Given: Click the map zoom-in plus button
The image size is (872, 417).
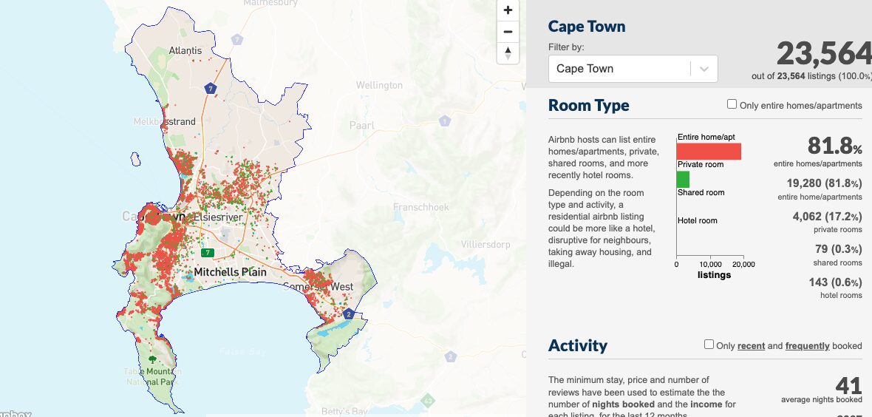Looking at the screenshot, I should [508, 10].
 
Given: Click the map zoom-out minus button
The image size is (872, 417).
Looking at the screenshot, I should [508, 32].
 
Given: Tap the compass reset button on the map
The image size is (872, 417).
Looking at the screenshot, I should [508, 53].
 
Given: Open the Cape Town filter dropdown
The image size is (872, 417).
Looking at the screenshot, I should [633, 69].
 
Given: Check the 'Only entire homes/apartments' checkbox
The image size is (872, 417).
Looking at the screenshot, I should [732, 104].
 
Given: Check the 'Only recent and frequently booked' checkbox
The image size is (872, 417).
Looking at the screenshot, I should [709, 345].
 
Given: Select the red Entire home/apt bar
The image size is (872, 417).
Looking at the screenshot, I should [709, 151].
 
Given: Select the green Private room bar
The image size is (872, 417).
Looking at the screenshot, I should [684, 179].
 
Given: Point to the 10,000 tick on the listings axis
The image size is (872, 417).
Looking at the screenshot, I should [710, 265].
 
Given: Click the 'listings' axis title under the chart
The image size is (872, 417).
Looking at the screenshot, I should [714, 275].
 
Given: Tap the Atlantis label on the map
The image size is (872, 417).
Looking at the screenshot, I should [185, 51].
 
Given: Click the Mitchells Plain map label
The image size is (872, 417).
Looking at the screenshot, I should [230, 272].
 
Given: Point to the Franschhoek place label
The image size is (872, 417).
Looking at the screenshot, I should [421, 207].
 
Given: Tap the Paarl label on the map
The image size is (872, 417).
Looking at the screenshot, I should [362, 126].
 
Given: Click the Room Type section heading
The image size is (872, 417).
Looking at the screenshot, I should [589, 105].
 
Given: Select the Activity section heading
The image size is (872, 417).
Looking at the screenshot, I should [578, 345].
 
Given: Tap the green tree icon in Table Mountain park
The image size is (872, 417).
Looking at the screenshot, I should [152, 359].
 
